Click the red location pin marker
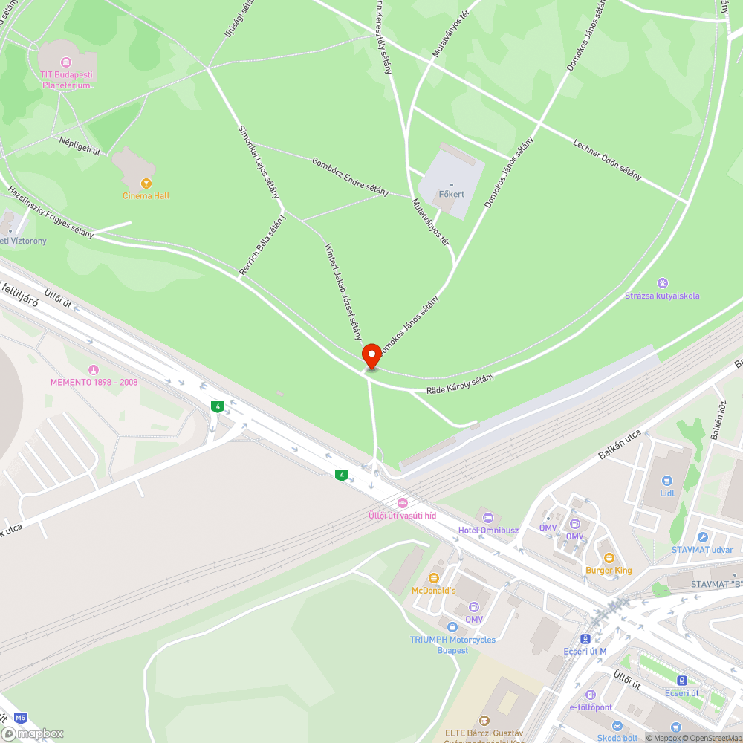[x=371, y=355]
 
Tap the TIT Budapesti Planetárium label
[x=66, y=80]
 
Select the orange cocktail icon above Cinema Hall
[x=146, y=183]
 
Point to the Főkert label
[x=452, y=194]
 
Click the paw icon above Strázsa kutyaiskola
[x=662, y=283]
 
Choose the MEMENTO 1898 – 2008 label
[x=94, y=382]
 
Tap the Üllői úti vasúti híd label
[x=402, y=515]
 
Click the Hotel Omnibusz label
[x=488, y=530]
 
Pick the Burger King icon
[x=609, y=558]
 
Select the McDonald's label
[x=434, y=590]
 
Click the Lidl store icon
[x=666, y=480]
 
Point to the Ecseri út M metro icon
[x=586, y=638]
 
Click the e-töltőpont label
[x=591, y=707]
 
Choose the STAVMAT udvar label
[x=702, y=550]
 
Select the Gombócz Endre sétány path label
[x=350, y=176]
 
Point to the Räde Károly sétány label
[x=460, y=385]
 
